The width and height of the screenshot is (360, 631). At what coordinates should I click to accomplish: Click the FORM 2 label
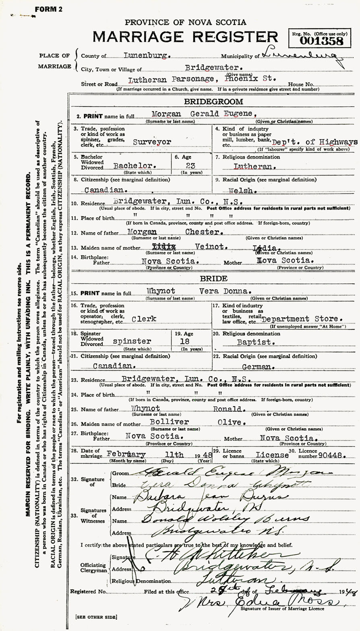pyautogui.click(x=48, y=9)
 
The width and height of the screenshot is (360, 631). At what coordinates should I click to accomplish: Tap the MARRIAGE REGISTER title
pyautogui.click(x=185, y=37)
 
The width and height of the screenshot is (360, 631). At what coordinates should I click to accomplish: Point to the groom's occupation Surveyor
pyautogui.click(x=153, y=142)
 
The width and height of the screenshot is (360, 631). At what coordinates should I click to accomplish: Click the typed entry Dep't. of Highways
pyautogui.click(x=314, y=142)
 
